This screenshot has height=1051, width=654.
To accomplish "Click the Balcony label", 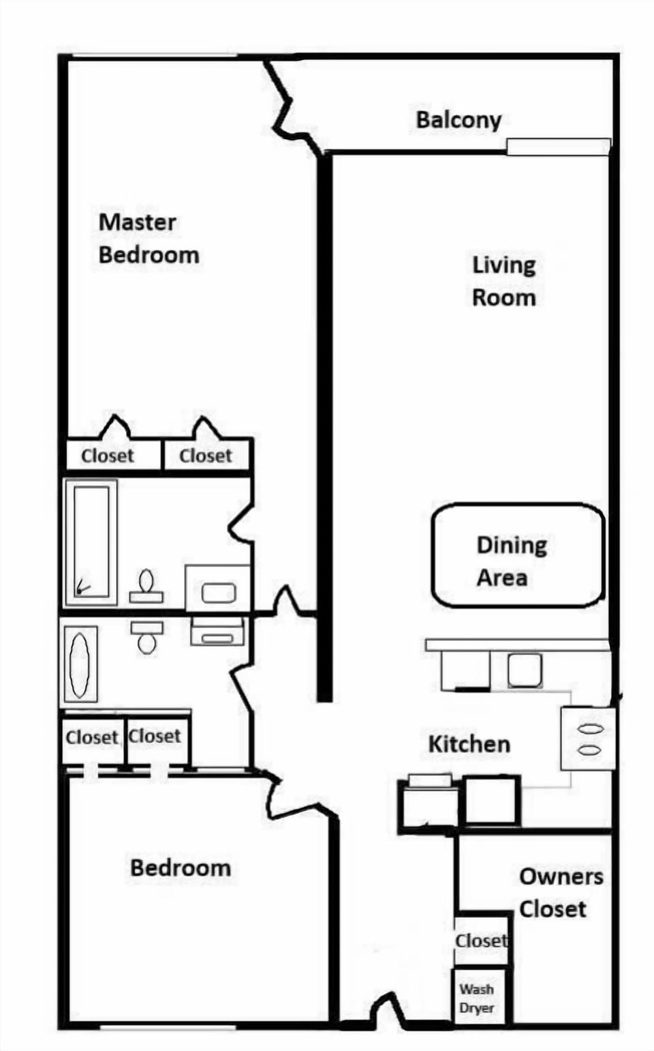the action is click(458, 120).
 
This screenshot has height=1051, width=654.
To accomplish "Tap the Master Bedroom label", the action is click(149, 239).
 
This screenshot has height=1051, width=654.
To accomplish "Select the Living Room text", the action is click(504, 282).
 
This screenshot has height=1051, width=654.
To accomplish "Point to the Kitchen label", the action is click(469, 745).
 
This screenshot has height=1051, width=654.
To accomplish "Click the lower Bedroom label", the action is click(181, 868).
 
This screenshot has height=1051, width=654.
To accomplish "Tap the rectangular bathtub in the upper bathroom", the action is click(91, 542).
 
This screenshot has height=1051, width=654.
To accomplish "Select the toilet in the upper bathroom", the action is click(146, 587).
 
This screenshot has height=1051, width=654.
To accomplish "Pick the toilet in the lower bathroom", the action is click(146, 638).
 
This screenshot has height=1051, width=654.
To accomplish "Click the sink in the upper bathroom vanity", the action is click(219, 593).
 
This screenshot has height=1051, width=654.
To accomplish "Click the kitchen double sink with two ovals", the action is click(588, 739).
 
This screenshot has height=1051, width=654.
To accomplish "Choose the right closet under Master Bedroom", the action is click(206, 455).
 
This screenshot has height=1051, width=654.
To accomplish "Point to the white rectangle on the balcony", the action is click(559, 147).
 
